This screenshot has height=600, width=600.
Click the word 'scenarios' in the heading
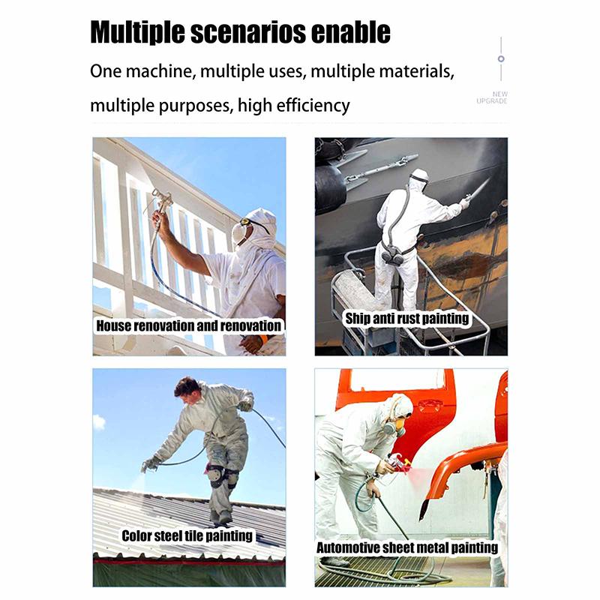coord(248,31)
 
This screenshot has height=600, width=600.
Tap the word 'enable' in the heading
coord(351,31)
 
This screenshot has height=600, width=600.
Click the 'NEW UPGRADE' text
coord(492,97)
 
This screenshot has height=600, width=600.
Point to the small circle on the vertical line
coord(501,58)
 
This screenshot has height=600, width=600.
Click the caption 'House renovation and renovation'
coord(189,326)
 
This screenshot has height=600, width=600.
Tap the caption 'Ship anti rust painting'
coord(407,319)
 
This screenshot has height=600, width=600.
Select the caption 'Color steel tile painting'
coord(187,535)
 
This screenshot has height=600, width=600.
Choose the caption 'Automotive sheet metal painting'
coord(407,547)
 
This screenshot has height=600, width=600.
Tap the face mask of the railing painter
coord(239,232)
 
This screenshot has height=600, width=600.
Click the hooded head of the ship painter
coord(418,178)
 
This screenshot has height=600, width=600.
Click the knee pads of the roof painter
coord(222,475)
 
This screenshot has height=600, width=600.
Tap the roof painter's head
coord(188,389)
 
